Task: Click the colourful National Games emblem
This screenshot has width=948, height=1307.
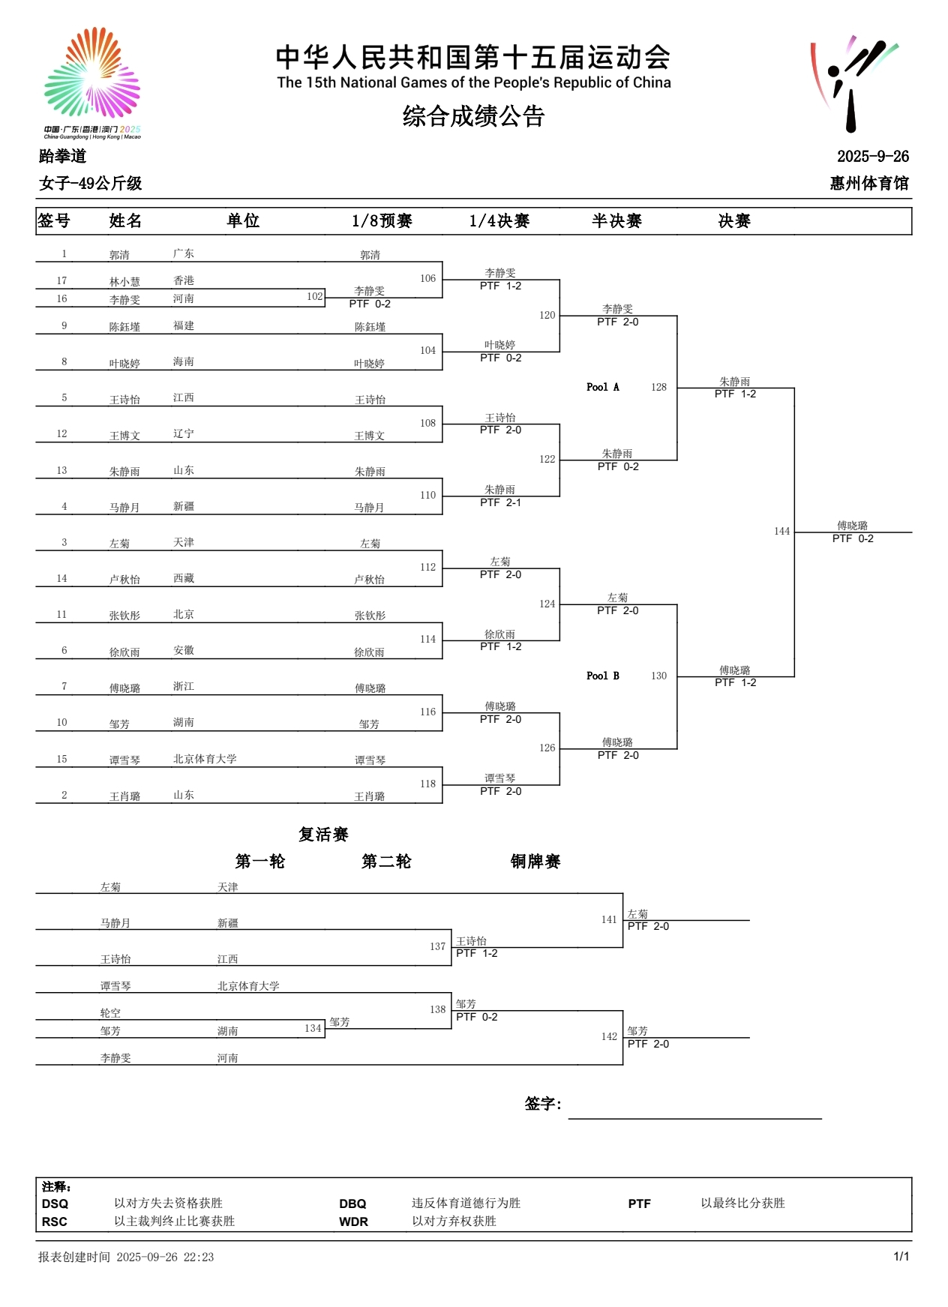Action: pyautogui.click(x=92, y=74)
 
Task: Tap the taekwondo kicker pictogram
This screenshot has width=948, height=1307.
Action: pyautogui.click(x=853, y=83)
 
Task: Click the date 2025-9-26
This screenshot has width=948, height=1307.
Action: pyautogui.click(x=872, y=156)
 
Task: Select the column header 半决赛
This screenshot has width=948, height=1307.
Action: pyautogui.click(x=616, y=220)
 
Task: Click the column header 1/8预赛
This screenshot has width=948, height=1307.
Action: pyautogui.click(x=382, y=220)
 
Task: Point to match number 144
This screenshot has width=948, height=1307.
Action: pyautogui.click(x=781, y=531)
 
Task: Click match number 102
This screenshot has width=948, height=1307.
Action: pyautogui.click(x=314, y=296)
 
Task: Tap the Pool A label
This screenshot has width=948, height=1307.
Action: pyautogui.click(x=602, y=387)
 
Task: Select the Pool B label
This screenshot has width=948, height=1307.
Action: pyautogui.click(x=602, y=676)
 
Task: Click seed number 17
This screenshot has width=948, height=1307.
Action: pyautogui.click(x=61, y=280)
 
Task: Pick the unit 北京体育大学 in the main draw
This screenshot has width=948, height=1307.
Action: pyautogui.click(x=205, y=759)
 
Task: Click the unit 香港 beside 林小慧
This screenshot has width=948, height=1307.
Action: pyautogui.click(x=184, y=280)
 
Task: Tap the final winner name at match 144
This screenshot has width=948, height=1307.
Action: pyautogui.click(x=852, y=526)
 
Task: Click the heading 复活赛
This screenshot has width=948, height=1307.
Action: pyautogui.click(x=323, y=835)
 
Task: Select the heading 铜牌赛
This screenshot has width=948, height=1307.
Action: pyautogui.click(x=535, y=862)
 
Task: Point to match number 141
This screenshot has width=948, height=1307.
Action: pyautogui.click(x=608, y=919)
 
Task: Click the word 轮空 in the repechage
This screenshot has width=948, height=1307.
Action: pyautogui.click(x=110, y=1013)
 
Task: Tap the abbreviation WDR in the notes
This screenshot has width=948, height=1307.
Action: pyautogui.click(x=353, y=1222)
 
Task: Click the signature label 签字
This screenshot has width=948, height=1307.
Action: pyautogui.click(x=542, y=1104)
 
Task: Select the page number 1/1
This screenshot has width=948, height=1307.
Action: pyautogui.click(x=901, y=1257)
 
